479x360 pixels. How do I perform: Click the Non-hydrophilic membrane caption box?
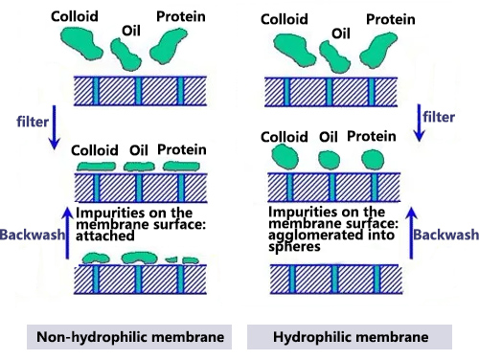117,337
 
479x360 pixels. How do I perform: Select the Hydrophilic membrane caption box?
350,337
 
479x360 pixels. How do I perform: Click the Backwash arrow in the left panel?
66,227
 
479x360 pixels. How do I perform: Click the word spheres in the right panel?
292,244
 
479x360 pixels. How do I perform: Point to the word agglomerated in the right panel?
313,233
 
